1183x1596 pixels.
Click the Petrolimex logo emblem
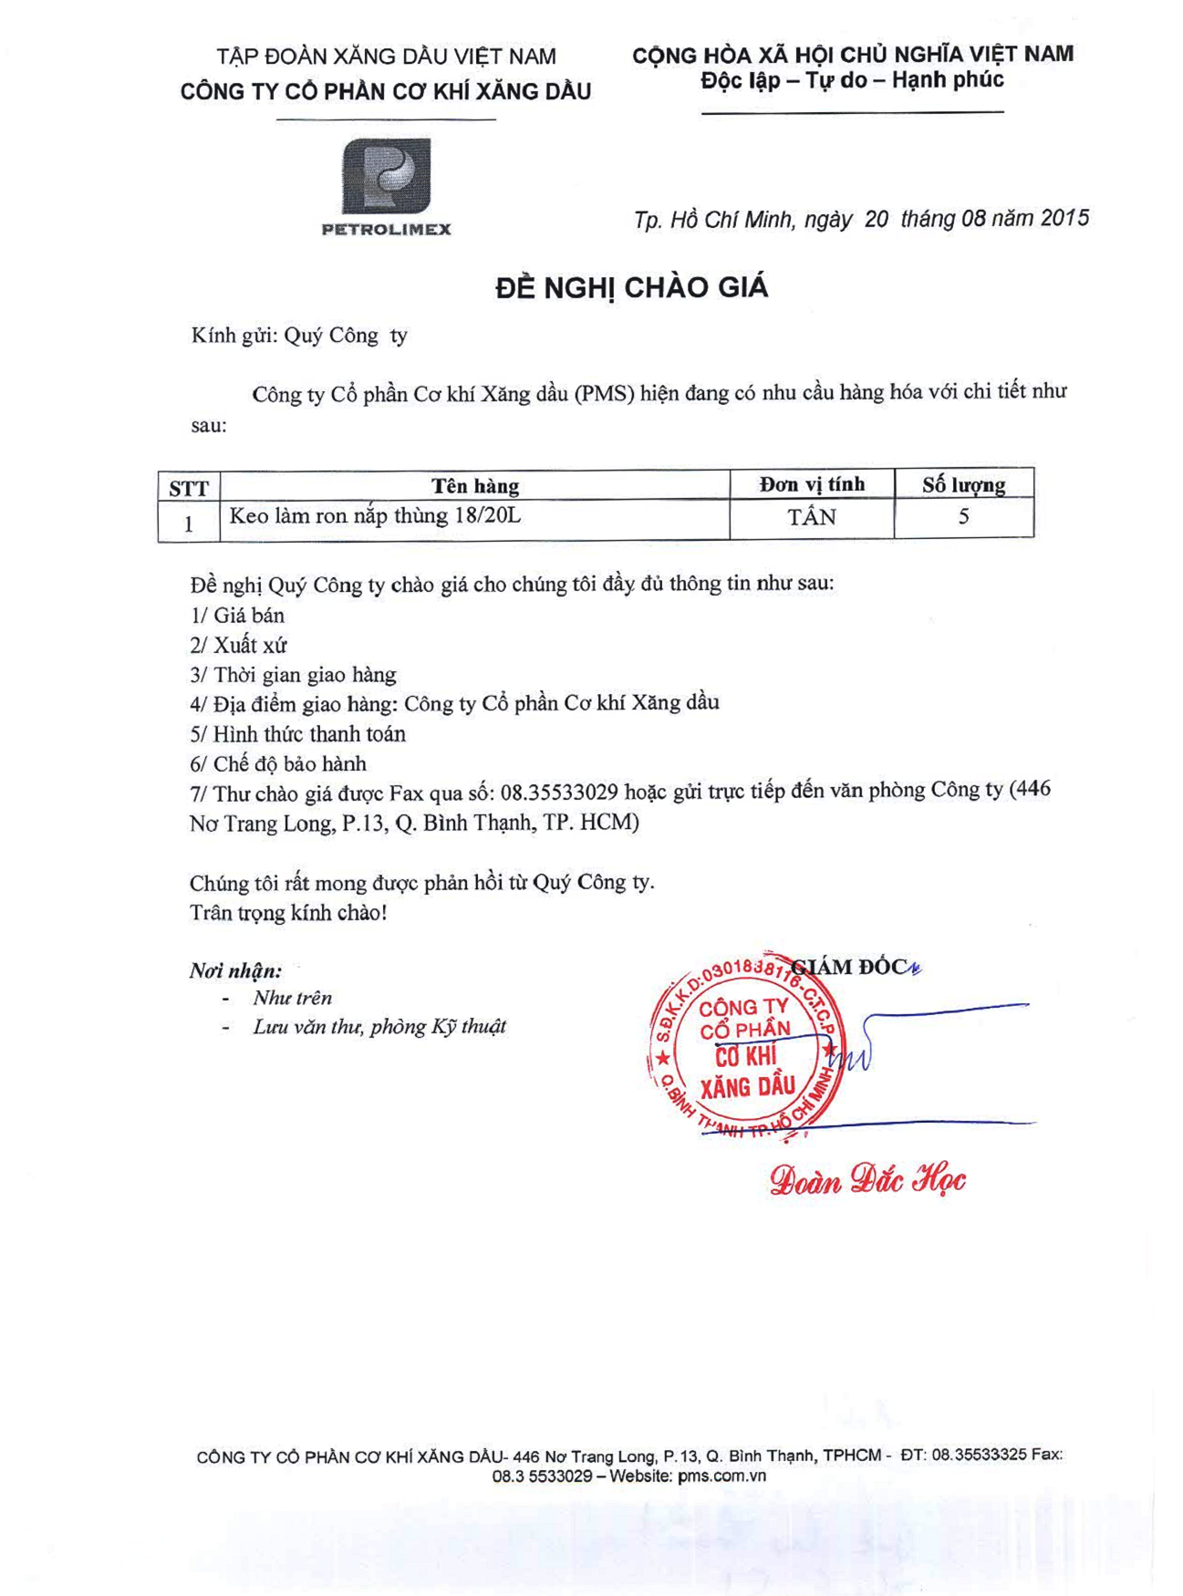(386, 177)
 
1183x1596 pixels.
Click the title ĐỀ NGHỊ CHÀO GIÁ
(631, 288)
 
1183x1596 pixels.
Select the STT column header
(189, 488)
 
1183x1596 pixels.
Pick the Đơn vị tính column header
(812, 484)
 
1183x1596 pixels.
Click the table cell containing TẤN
(812, 518)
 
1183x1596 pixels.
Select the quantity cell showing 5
(963, 517)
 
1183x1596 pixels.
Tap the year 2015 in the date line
(1064, 218)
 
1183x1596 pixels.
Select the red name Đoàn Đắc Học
(866, 1180)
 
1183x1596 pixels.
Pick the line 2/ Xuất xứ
(238, 646)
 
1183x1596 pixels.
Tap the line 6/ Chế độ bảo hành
(278, 764)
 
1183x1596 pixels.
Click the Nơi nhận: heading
(235, 971)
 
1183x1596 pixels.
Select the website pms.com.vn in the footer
(721, 1476)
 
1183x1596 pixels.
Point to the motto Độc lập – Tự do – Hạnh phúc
(852, 80)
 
